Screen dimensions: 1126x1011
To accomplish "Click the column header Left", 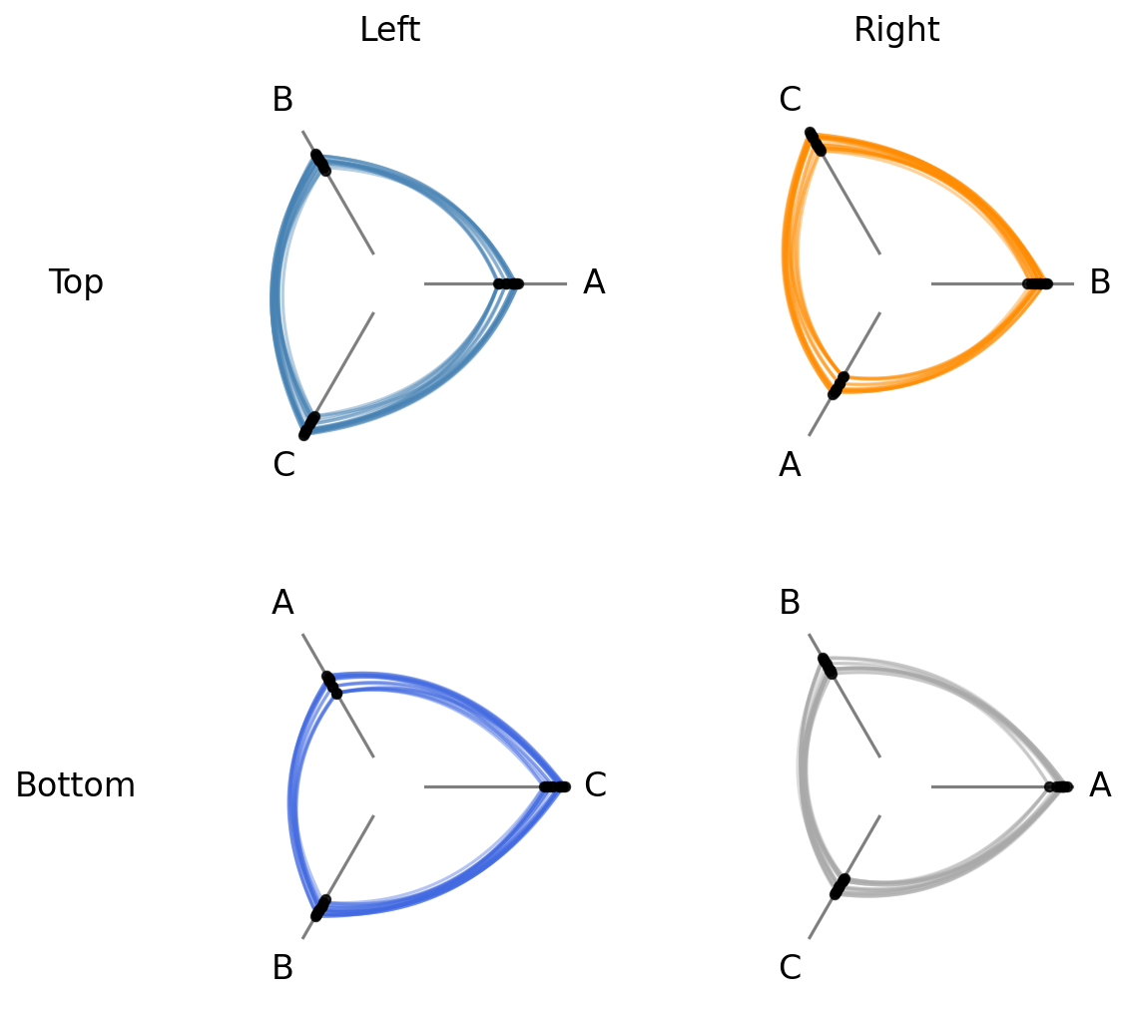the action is [390, 29].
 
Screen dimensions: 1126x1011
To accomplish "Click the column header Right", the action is [896, 29].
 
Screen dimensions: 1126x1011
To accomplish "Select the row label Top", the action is [76, 282].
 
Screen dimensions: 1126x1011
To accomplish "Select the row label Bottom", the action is [76, 784].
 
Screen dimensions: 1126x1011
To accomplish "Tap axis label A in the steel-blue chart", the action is [594, 282].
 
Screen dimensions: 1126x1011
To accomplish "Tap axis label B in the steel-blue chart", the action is [282, 99].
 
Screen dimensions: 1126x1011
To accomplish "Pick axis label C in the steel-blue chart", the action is [283, 464].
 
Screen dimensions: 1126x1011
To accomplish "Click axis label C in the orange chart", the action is [790, 99].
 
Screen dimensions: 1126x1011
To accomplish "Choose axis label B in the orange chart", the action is [1100, 282].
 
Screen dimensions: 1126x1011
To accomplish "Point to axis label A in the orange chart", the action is [790, 464].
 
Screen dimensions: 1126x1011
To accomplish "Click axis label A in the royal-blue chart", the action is [282, 603].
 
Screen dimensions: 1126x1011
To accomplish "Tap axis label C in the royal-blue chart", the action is [595, 784].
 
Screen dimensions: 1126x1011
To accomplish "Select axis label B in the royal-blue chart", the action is [282, 968].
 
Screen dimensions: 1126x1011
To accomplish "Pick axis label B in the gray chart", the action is [790, 603].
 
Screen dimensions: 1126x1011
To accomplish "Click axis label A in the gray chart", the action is [1100, 784].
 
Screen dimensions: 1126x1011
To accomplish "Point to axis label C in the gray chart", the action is [790, 968].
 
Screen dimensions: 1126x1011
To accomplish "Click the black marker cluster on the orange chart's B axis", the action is [1037, 284].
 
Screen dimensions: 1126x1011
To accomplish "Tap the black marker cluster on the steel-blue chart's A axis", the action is [508, 284].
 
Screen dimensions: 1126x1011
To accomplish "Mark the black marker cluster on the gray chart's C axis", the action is [840, 887].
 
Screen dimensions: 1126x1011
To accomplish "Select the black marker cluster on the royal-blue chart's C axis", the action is [554, 787].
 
